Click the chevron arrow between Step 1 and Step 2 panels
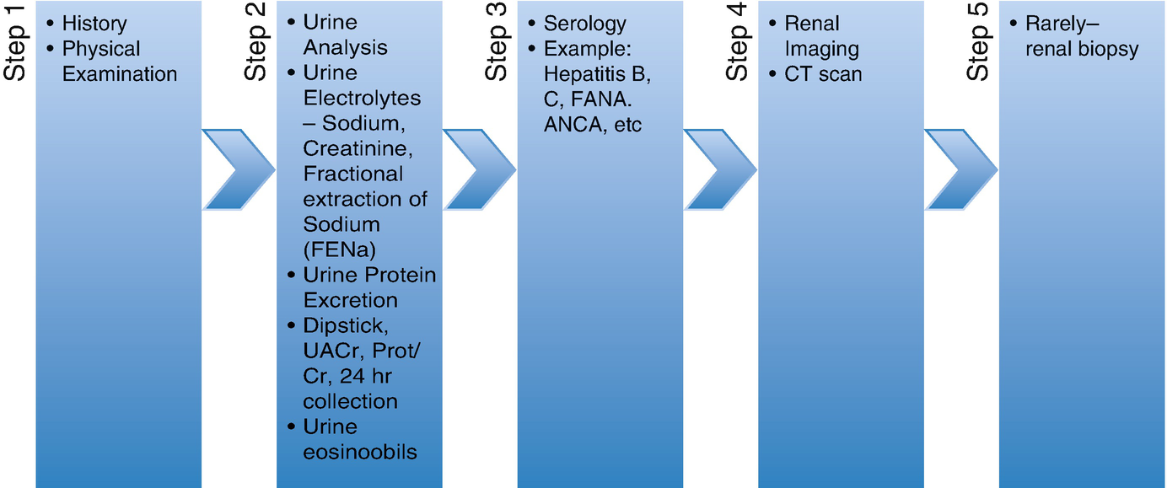point(237,169)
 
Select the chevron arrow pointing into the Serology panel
point(478,169)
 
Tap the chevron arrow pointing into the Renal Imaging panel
point(719,169)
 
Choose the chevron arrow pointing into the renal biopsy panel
point(960,169)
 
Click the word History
point(94,23)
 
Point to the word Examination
point(120,73)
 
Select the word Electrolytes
point(362,99)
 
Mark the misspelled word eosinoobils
point(360,452)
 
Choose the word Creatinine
point(354,149)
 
